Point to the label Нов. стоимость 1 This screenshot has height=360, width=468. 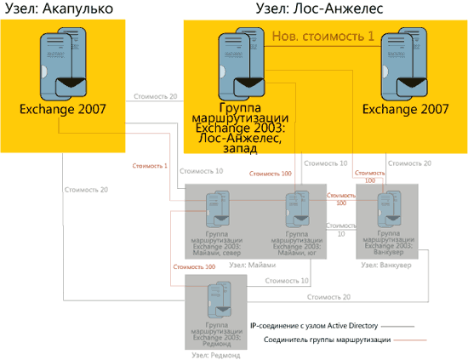click(322, 37)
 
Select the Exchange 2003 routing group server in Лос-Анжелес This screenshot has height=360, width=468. click(240, 65)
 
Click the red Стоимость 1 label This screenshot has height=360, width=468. click(150, 165)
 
